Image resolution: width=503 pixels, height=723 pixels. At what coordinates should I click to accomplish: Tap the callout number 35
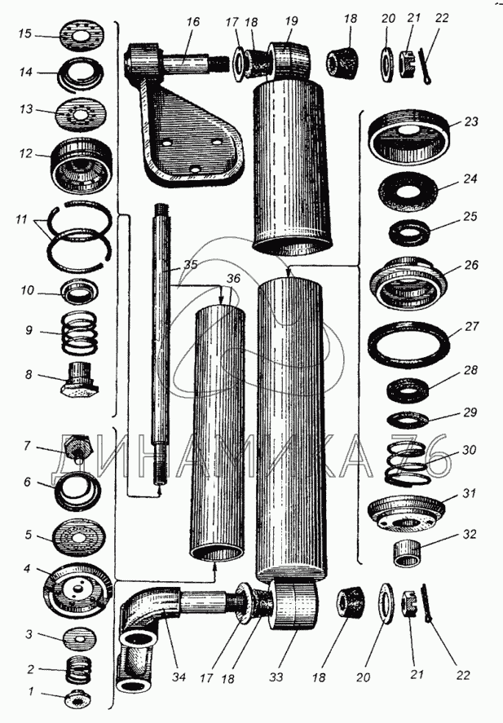[x=189, y=265]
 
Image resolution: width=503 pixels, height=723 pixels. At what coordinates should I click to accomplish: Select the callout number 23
[x=471, y=121]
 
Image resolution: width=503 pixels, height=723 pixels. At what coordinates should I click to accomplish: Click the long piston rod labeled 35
[x=161, y=350]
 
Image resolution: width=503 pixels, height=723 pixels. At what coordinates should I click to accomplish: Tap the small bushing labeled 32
[x=408, y=553]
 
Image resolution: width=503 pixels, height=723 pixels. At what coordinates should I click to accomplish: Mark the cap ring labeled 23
[x=408, y=134]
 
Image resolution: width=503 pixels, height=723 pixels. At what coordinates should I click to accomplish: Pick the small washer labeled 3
[x=74, y=637]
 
